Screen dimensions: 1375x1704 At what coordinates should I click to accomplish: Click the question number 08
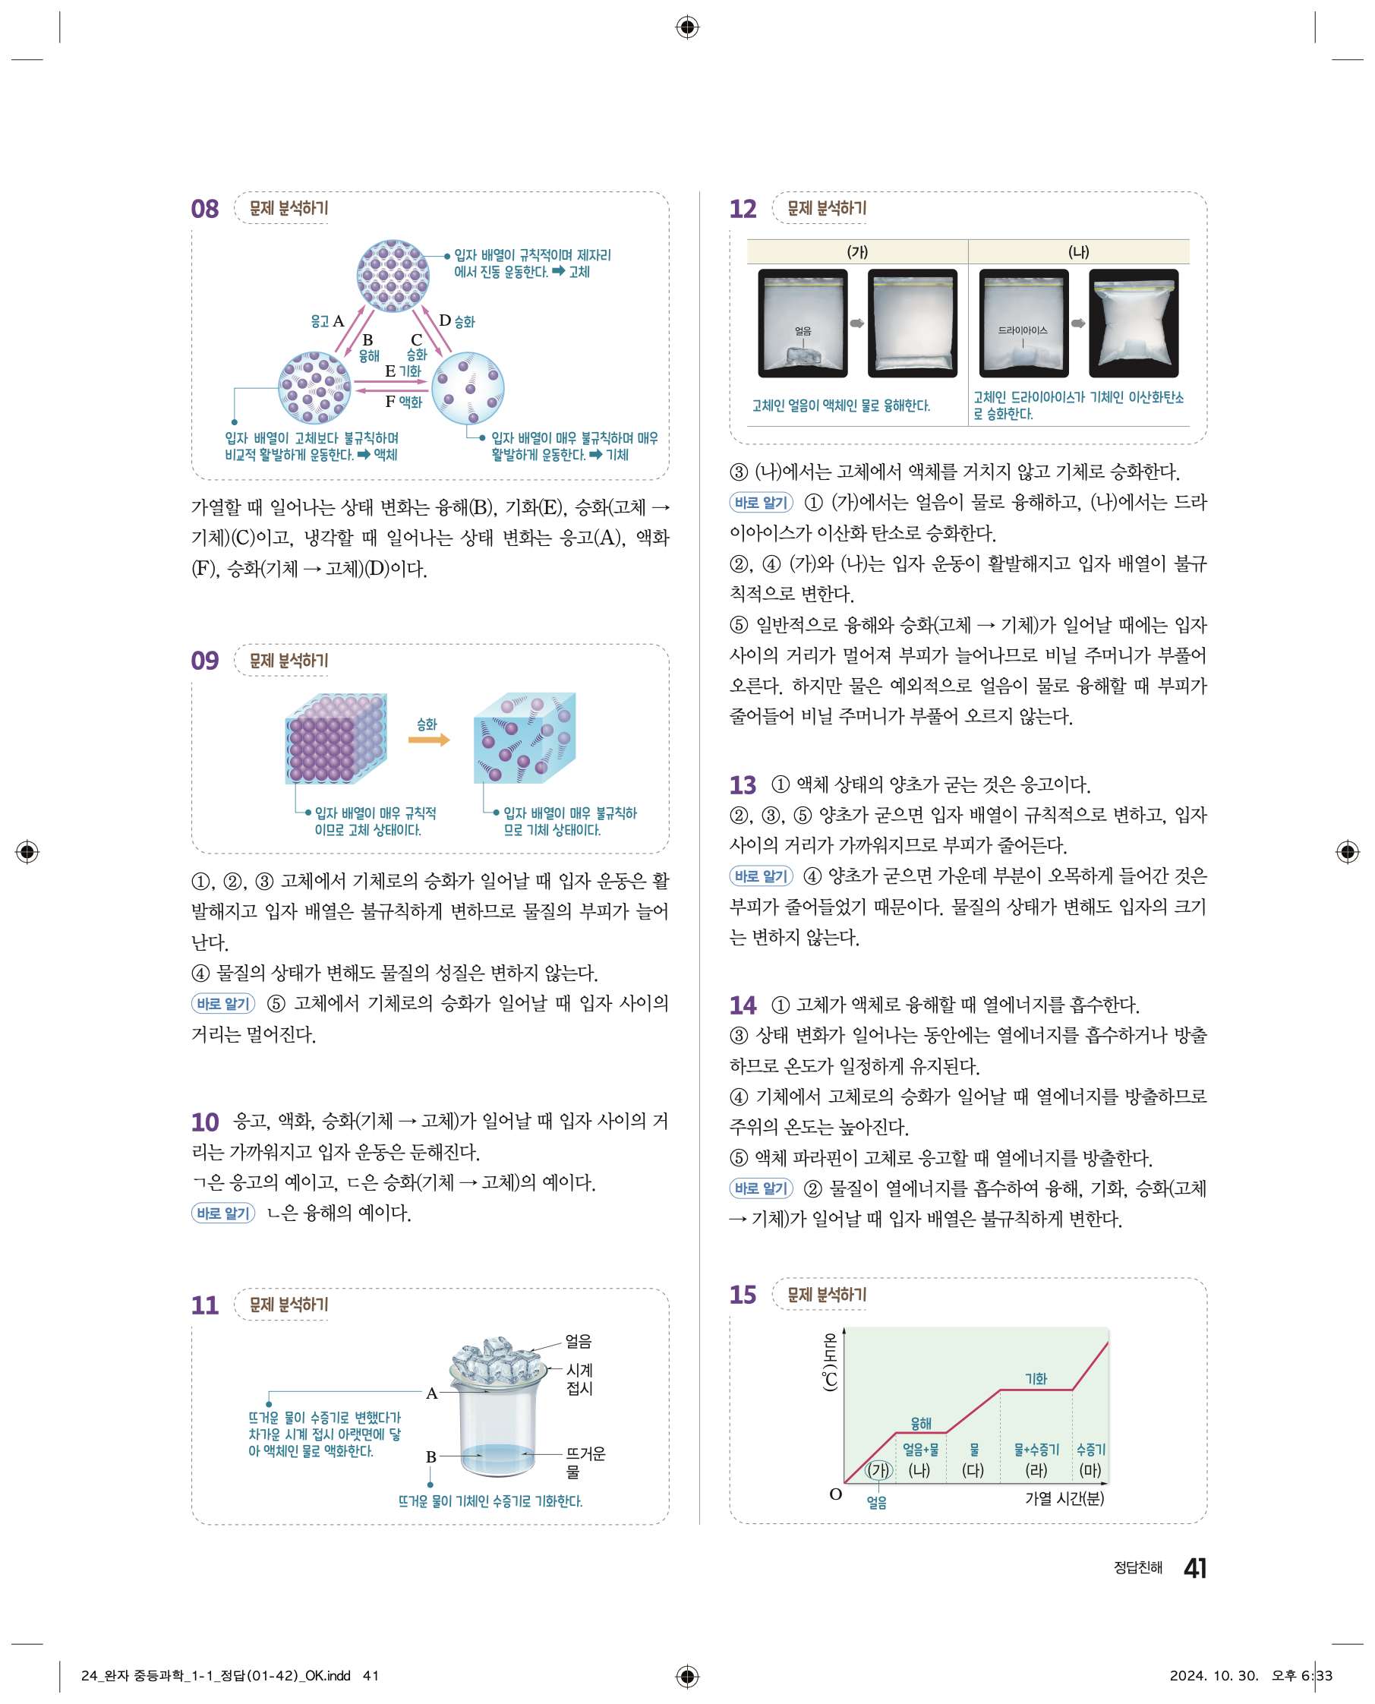pos(204,209)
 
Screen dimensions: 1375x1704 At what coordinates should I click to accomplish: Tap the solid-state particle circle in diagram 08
pos(393,276)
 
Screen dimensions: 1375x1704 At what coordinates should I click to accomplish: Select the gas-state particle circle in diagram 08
pos(468,388)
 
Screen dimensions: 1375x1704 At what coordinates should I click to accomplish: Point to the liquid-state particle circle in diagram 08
pos(314,388)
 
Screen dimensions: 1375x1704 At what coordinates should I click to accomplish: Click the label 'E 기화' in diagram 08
pos(402,371)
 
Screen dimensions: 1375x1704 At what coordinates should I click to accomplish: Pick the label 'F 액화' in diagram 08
pos(403,402)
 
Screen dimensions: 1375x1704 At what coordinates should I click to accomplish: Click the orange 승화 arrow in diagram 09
pos(428,740)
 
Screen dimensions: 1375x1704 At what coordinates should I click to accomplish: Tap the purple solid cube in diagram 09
pos(336,739)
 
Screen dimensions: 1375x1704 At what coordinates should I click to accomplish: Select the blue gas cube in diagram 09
pos(525,738)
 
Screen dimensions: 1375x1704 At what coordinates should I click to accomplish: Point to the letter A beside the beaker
pos(432,1393)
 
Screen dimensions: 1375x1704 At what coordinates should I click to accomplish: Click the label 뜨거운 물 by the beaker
pos(585,1463)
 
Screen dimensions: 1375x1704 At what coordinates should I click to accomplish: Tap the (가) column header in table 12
pos(857,252)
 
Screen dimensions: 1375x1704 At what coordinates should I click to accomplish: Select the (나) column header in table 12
pos(1078,252)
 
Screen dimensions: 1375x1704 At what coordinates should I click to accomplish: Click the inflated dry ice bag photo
pos(1134,323)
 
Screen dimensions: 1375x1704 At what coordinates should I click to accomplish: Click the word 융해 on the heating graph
pos(920,1424)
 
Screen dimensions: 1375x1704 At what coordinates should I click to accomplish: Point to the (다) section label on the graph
pos(973,1470)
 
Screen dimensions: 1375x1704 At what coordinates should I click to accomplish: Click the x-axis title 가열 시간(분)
pos(1064,1498)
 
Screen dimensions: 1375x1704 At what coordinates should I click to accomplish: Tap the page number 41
pos(1194,1568)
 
